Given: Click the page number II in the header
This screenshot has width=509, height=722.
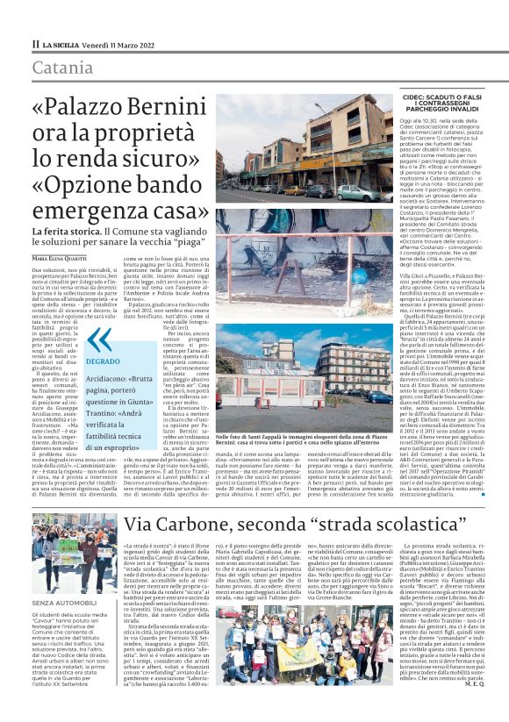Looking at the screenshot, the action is click(x=34, y=44).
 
